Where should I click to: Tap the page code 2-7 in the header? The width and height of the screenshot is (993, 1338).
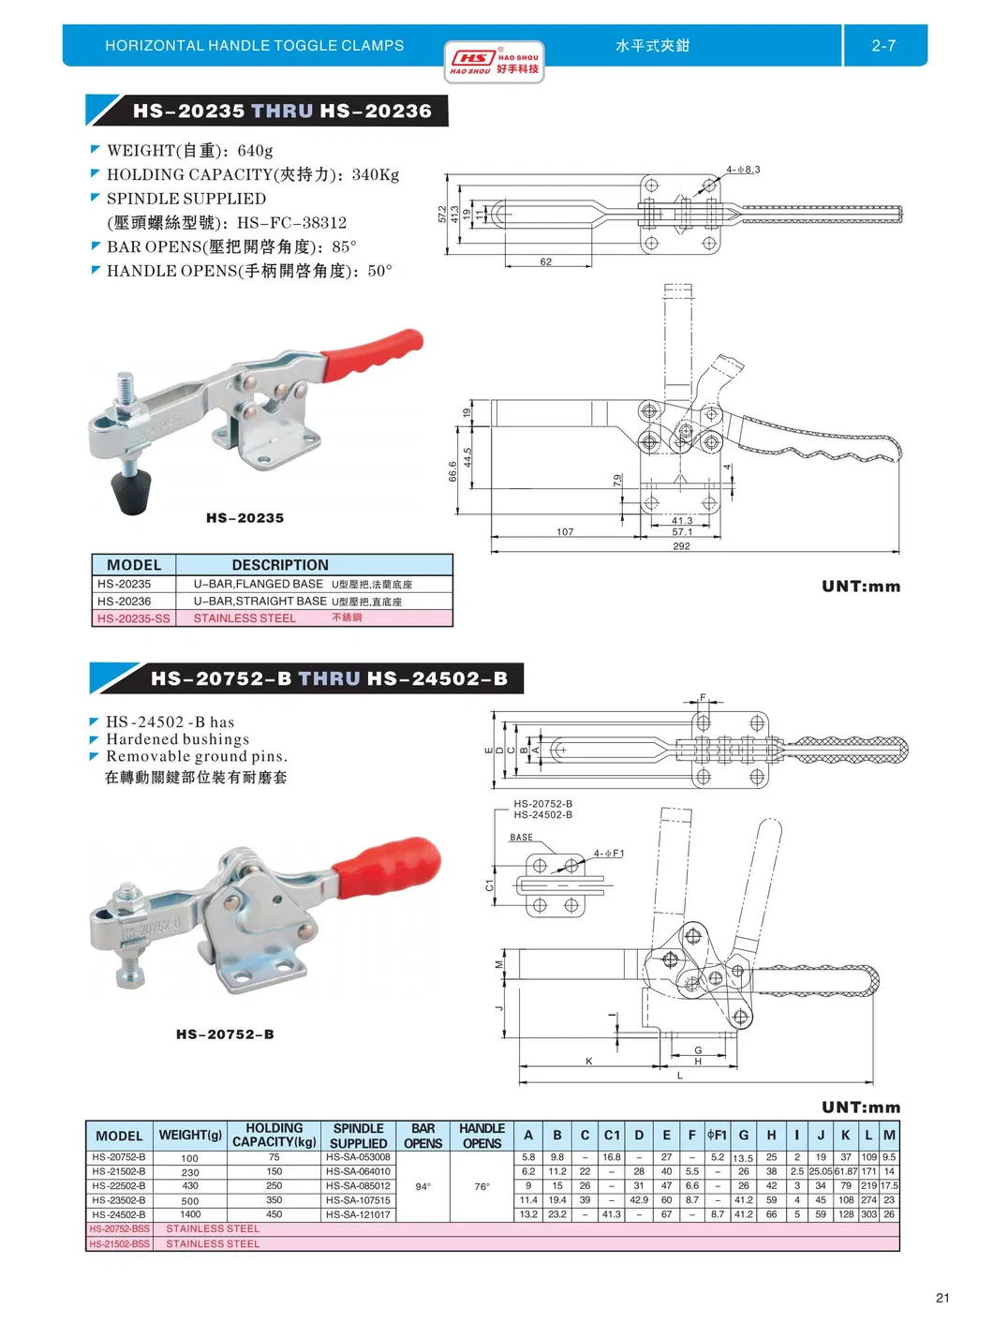tap(882, 46)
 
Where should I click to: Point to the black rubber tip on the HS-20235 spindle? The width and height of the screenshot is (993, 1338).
tap(132, 492)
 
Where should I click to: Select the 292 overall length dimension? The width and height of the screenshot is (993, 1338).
tap(681, 546)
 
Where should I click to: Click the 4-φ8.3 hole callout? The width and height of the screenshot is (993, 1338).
tap(743, 170)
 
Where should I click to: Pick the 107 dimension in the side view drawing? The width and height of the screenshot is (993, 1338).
tap(565, 531)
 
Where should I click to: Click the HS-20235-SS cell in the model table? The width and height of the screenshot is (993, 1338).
tap(134, 618)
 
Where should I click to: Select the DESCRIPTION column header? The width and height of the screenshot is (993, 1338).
tap(280, 565)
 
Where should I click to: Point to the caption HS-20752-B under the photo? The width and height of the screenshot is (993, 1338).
tap(225, 1034)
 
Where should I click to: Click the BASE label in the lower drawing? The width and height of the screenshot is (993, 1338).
tap(522, 838)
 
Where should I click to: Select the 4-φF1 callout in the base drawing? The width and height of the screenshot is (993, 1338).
tap(608, 854)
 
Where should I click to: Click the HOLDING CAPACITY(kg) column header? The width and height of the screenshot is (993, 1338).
tap(274, 1135)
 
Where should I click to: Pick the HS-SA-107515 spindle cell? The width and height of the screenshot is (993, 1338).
tap(358, 1200)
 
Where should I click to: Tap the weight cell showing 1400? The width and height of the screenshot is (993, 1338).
tap(190, 1214)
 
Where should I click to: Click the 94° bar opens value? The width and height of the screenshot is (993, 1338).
tap(422, 1186)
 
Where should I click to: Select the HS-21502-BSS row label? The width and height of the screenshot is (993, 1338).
tap(119, 1244)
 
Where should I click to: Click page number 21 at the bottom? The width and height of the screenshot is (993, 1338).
tap(941, 1298)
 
